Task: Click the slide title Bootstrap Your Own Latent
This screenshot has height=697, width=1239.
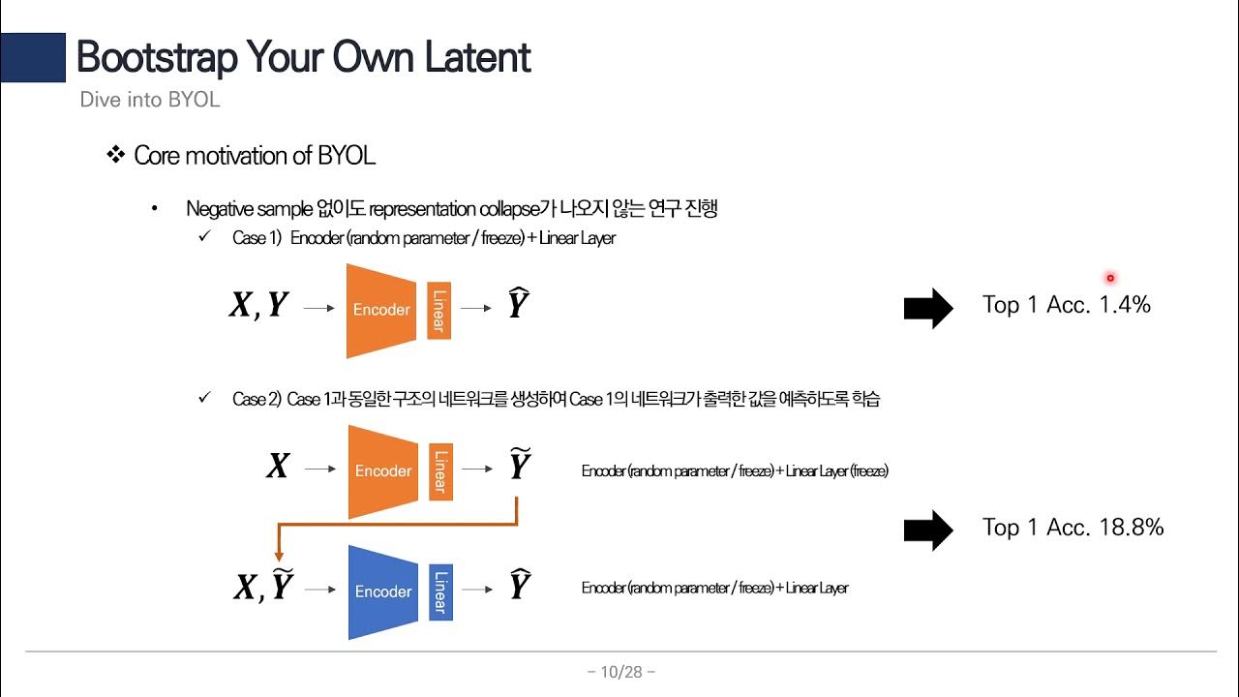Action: (x=303, y=58)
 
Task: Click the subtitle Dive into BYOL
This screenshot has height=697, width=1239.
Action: (x=149, y=100)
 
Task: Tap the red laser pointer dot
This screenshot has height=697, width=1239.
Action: (x=1110, y=278)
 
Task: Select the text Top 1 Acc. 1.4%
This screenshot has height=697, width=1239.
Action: (x=1066, y=305)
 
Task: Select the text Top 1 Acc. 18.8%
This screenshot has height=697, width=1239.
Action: (x=1073, y=528)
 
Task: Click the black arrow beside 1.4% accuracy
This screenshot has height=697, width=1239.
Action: (x=928, y=308)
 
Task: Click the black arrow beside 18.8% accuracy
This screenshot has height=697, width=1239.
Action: (x=928, y=530)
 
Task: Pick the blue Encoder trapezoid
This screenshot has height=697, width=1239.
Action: (x=382, y=591)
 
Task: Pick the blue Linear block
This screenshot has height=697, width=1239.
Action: (x=440, y=591)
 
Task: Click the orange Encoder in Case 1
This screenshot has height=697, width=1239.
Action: (x=381, y=310)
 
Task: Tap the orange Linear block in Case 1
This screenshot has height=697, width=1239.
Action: (x=438, y=310)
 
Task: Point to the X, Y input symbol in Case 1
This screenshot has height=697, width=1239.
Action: (x=258, y=306)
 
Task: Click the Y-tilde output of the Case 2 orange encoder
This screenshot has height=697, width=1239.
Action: (x=519, y=466)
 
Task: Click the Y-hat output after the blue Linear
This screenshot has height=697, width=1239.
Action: (x=519, y=585)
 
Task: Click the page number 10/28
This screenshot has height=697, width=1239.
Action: (x=621, y=672)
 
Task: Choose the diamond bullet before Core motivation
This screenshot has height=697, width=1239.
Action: (x=116, y=155)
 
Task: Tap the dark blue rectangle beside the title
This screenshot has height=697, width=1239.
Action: (x=32, y=57)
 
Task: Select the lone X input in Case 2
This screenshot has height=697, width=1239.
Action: (x=278, y=468)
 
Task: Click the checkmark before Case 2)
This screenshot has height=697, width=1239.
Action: (x=204, y=398)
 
